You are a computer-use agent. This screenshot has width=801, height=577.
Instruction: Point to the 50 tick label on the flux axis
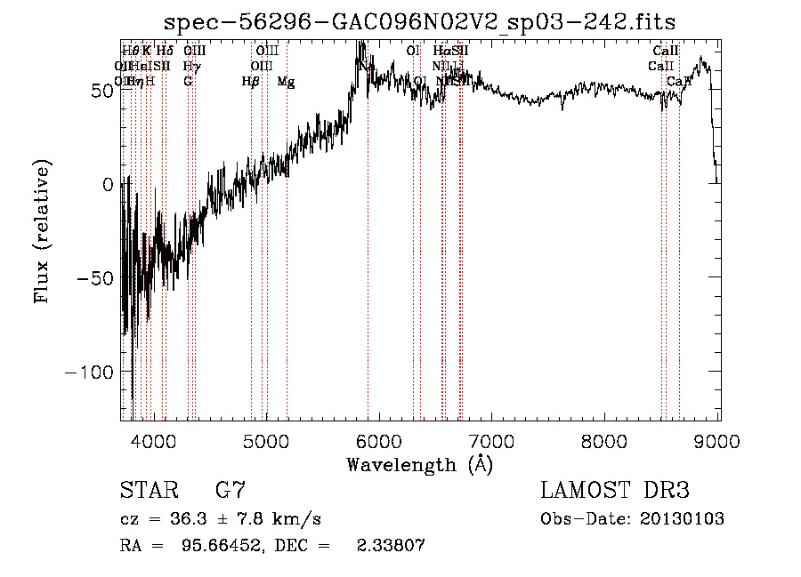pos(101,91)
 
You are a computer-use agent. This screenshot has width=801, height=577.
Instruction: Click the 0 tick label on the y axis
pos(109,184)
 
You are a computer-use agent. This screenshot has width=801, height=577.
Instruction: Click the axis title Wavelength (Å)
pos(420,464)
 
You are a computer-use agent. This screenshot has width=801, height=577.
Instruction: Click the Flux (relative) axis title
pos(43,231)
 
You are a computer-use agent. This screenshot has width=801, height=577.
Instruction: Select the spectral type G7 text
pos(231,491)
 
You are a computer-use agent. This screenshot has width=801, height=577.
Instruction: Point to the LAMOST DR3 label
pos(615,491)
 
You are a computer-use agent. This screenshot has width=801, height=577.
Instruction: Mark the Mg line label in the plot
pos(287,82)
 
